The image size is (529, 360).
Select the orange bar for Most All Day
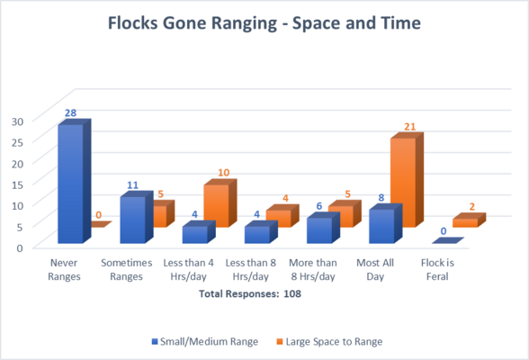click(407, 180)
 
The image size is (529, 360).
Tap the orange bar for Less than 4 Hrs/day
click(220, 203)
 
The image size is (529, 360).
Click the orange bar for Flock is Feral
click(469, 220)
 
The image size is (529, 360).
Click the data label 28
click(70, 112)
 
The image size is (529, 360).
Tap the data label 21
click(410, 127)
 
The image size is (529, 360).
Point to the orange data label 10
click(223, 173)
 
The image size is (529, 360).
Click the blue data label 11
click(132, 184)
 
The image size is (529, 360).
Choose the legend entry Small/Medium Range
click(205, 342)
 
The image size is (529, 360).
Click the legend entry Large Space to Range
click(329, 342)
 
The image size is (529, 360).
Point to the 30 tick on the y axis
click(18, 121)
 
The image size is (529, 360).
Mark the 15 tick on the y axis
click(18, 184)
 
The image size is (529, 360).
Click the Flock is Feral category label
click(437, 270)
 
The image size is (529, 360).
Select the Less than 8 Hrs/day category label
click(251, 270)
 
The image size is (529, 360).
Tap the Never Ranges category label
click(64, 270)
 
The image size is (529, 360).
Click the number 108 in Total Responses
click(292, 294)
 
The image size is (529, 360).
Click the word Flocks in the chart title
click(133, 23)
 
